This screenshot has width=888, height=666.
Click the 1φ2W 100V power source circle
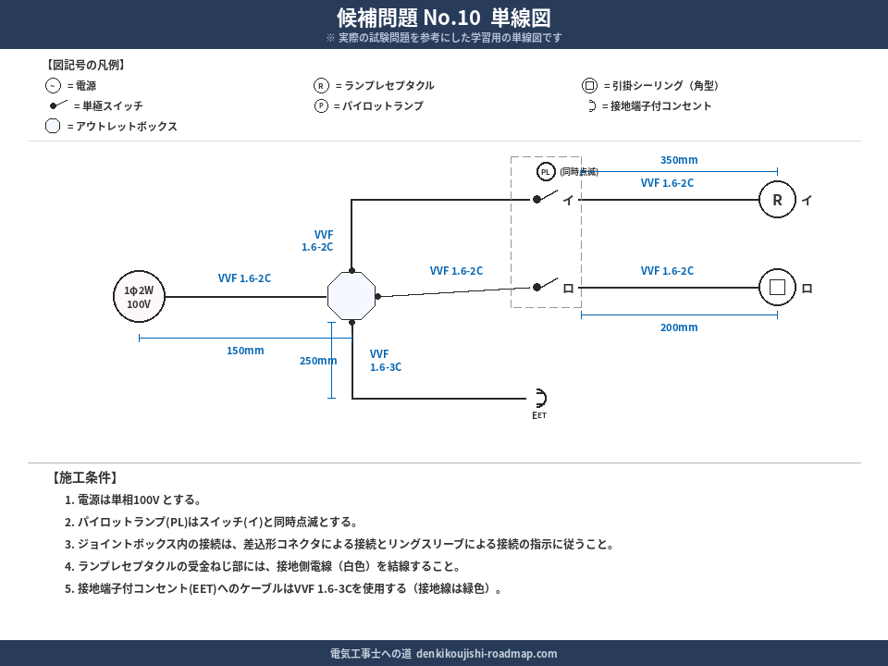pos(139,297)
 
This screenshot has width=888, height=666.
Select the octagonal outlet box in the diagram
pos(351,296)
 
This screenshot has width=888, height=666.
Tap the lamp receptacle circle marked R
pos(777,200)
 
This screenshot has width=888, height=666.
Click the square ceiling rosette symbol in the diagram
pos(777,288)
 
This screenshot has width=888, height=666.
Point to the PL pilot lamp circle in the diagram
pos(546,172)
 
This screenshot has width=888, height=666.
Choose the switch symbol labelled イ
pos(547,198)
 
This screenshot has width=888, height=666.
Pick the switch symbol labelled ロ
pos(547,286)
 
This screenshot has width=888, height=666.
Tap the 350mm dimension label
pos(679,160)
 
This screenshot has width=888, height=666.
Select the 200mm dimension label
pos(679,327)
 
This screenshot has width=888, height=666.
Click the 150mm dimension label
pos(245,351)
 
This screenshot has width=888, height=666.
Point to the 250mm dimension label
pos(318,361)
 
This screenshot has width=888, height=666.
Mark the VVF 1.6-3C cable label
pos(385,361)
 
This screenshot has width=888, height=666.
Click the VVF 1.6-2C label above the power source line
pos(244,278)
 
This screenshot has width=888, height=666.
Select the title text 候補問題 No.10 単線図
pos(444,18)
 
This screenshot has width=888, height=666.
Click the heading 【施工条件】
pos(83,478)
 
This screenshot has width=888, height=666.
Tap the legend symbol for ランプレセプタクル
pos(321,86)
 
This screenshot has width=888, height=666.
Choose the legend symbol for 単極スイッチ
pos(58,105)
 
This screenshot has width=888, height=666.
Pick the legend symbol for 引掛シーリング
pos(589,86)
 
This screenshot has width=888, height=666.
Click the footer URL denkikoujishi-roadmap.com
pos(487,654)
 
